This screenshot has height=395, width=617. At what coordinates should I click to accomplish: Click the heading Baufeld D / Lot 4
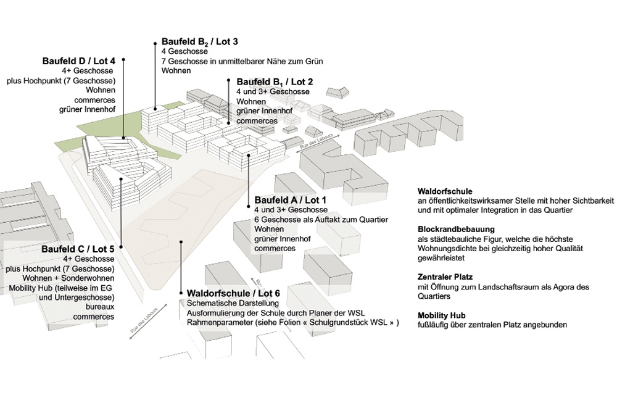pyautogui.click(x=79, y=61)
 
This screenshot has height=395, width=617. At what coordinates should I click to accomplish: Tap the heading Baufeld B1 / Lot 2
pyautogui.click(x=275, y=81)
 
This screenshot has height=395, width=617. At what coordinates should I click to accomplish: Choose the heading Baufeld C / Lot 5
pyautogui.click(x=78, y=249)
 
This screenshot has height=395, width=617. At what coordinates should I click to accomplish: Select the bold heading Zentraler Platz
pyautogui.click(x=445, y=277)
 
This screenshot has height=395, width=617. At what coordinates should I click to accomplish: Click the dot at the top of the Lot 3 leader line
pyautogui.click(x=154, y=43)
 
